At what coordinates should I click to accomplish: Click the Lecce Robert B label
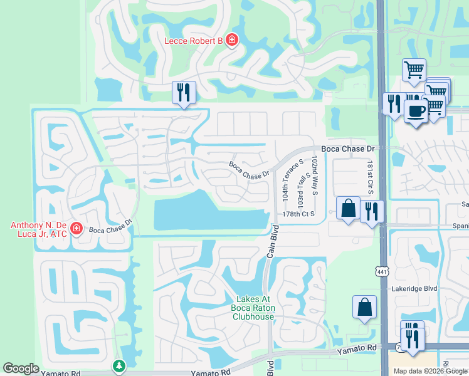pos(193,41)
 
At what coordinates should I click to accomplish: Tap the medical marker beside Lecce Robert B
pos(232,40)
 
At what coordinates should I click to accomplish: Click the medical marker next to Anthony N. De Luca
pos(77,229)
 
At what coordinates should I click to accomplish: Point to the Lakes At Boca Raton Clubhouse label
pos(254,308)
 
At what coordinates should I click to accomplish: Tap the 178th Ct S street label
pos(298,214)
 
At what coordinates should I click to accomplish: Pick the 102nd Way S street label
pos(315,176)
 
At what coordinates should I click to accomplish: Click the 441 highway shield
pos(382,271)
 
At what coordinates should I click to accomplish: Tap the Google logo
pos(21,368)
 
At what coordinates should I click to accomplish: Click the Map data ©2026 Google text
pos(431,371)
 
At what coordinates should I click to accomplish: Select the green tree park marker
pos(119,365)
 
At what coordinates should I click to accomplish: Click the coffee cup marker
pos(416,111)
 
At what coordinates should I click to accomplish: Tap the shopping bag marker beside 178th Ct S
pos(348,208)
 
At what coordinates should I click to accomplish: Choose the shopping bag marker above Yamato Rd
pos(364,307)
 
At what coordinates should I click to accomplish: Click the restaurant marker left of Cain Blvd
pos(184,93)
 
